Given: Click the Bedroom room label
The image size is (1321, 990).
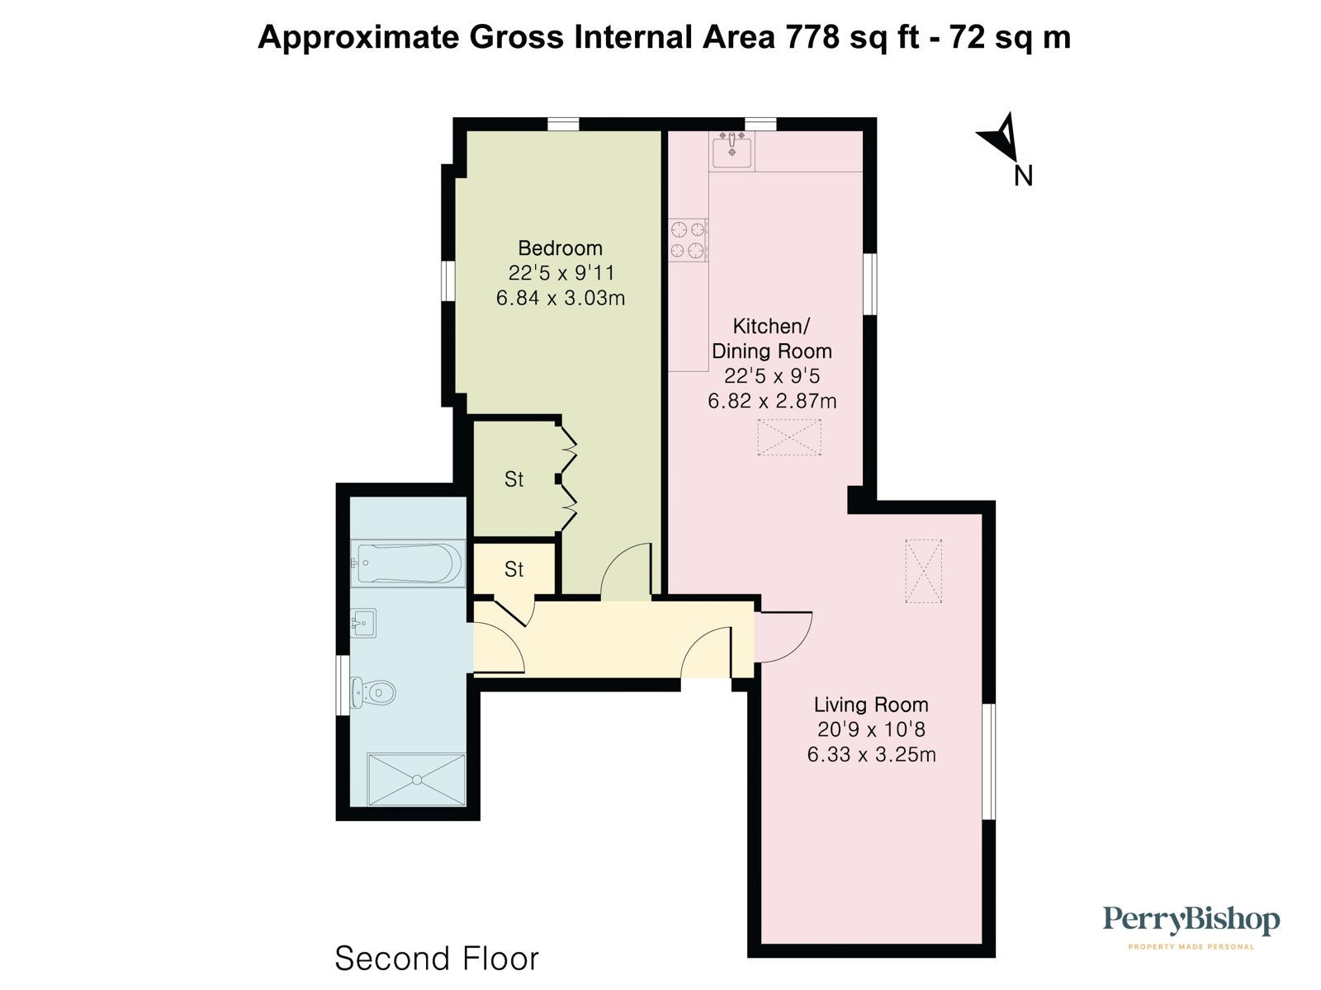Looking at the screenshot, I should click(560, 247).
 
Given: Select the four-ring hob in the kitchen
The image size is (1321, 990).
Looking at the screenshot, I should click(689, 239).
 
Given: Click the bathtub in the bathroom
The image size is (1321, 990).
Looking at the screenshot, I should click(407, 563).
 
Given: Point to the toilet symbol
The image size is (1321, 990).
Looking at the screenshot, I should click(372, 691).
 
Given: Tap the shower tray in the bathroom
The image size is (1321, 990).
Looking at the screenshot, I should click(416, 779).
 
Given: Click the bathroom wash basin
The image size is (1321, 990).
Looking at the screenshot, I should click(363, 623).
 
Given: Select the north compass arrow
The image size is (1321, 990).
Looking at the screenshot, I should click(1001, 139).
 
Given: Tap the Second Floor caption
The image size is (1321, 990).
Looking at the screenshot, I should click(437, 959).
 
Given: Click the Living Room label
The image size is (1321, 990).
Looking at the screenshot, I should click(871, 705).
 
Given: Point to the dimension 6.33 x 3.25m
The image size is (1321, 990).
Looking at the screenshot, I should click(871, 754).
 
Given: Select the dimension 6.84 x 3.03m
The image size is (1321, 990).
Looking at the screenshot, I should click(560, 298).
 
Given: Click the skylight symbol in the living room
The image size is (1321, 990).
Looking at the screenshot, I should click(923, 571).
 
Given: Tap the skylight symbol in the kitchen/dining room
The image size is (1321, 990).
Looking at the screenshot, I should click(789, 437).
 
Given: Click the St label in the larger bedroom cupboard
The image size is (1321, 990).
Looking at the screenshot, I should click(514, 479).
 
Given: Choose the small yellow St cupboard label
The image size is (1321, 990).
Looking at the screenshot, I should click(514, 569).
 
